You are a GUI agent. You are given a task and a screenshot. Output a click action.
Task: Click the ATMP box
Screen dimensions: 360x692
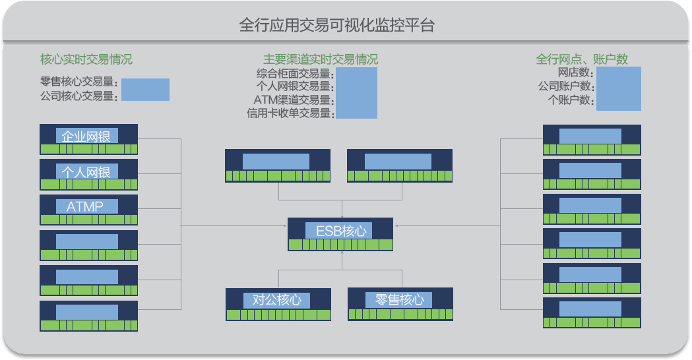pyautogui.click(x=86, y=206)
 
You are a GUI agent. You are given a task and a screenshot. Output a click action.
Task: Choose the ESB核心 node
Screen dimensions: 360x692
pyautogui.click(x=340, y=231)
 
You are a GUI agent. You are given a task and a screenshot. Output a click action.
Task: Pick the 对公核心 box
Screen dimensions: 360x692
pyautogui.click(x=277, y=300)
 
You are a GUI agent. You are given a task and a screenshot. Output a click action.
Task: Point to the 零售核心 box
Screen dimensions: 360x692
pyautogui.click(x=399, y=300)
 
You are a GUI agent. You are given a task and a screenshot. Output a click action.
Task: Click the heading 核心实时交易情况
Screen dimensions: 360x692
pyautogui.click(x=86, y=59)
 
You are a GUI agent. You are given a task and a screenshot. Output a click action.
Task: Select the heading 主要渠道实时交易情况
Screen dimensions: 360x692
pyautogui.click(x=321, y=59)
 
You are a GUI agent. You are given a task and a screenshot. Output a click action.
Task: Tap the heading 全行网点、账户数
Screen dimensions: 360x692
pyautogui.click(x=582, y=59)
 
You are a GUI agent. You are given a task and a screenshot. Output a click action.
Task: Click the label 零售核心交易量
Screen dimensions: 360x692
pyautogui.click(x=79, y=83)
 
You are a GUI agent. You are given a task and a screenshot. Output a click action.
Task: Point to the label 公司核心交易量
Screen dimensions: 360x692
pyautogui.click(x=79, y=96)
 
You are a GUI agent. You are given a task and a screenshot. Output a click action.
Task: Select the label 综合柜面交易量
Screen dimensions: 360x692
pyautogui.click(x=294, y=74)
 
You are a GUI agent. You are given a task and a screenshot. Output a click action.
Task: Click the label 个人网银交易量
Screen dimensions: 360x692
pyautogui.click(x=294, y=86)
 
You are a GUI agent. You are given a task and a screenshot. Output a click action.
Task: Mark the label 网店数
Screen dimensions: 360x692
pyautogui.click(x=575, y=73)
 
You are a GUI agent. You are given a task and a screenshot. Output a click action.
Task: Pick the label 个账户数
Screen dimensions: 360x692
pyautogui.click(x=571, y=100)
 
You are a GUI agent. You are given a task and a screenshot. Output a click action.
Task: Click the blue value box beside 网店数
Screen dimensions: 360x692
pyautogui.click(x=618, y=88)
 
